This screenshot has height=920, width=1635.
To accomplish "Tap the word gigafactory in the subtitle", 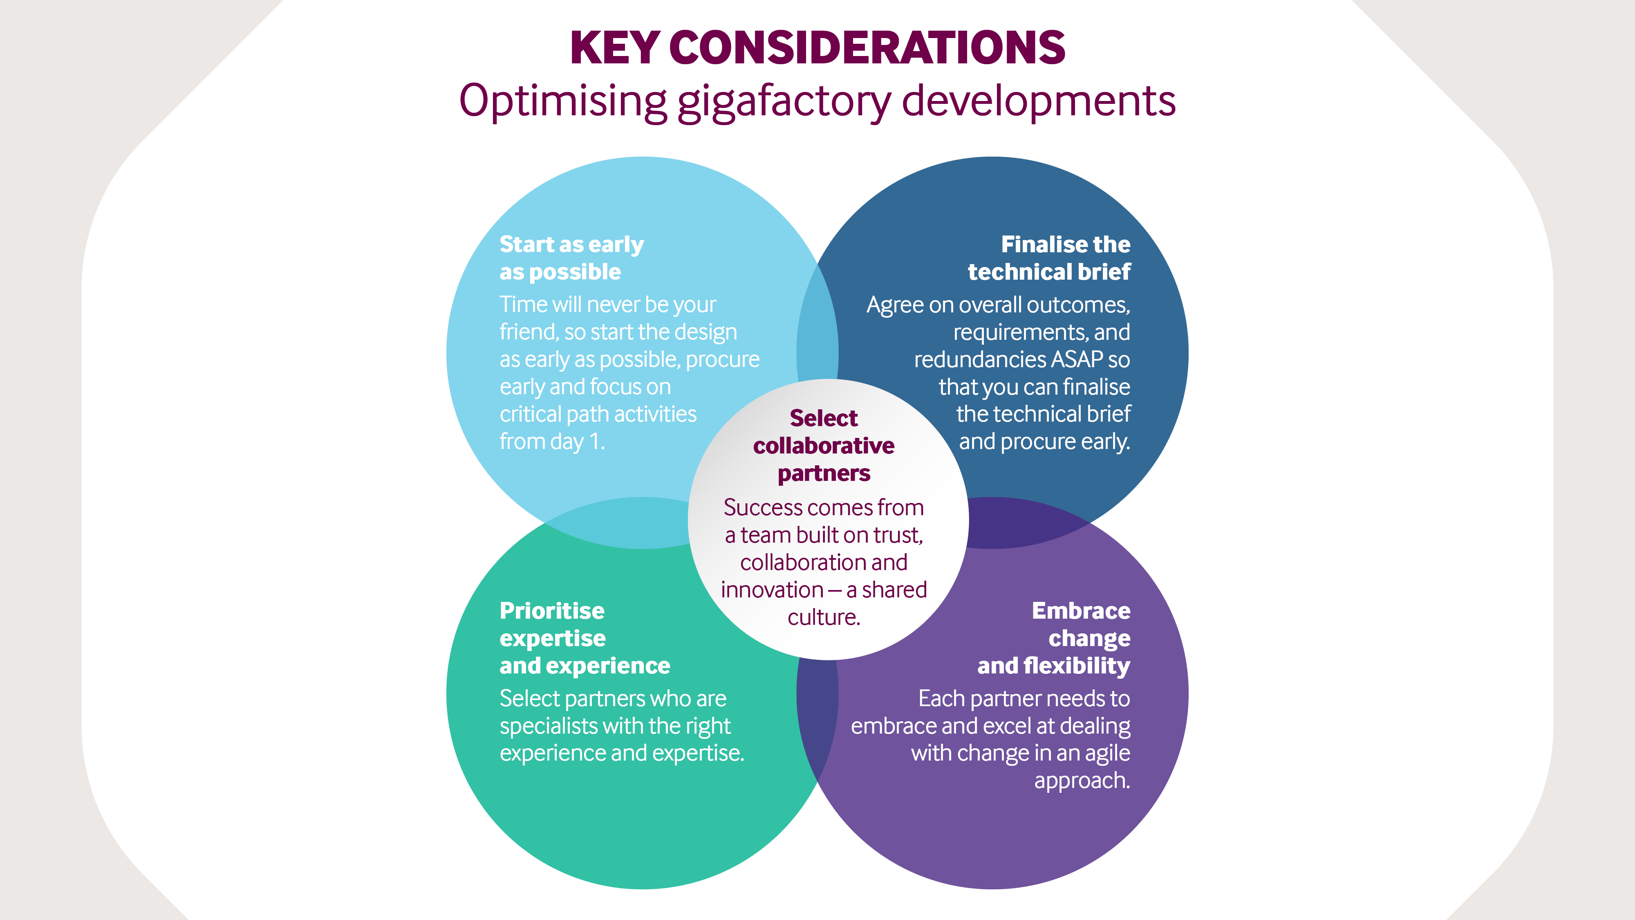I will click(784, 101).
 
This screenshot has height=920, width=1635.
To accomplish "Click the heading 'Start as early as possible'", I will click(571, 258).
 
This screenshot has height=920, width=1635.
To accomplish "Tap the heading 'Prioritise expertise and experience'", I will click(584, 638).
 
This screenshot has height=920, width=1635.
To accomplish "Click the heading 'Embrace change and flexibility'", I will click(1054, 638).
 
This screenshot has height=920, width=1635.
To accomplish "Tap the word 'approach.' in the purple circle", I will click(1082, 780).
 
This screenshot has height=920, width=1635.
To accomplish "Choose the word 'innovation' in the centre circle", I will click(772, 590).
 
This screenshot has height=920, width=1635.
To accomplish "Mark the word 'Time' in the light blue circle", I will click(522, 305).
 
